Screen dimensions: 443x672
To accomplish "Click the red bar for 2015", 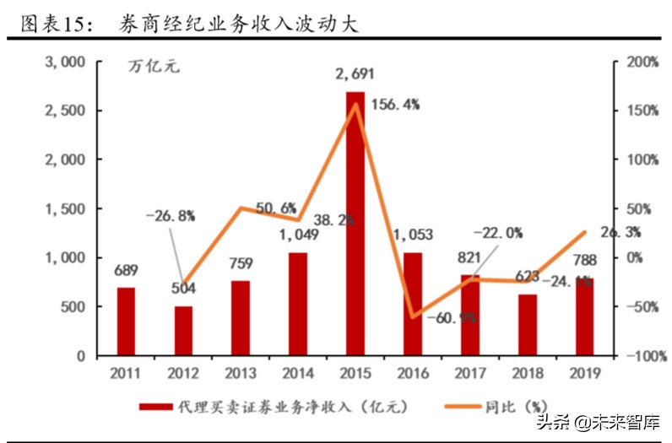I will coord(355,224).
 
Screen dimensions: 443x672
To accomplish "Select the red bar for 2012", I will coord(182,331).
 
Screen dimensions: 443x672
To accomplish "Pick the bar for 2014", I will coord(297,304).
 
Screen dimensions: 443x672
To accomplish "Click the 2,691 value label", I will coord(355,76).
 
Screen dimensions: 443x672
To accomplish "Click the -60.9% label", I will coord(452,318).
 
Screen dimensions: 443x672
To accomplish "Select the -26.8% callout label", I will coord(170,215).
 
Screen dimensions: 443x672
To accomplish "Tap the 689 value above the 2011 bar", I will coord(125,271).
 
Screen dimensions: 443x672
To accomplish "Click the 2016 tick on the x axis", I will coord(412,372).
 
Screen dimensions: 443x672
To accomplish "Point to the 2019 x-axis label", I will coord(584,372).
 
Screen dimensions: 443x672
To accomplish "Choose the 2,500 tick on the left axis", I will coord(65,111).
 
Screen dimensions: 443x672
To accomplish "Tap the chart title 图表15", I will coord(54,24).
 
